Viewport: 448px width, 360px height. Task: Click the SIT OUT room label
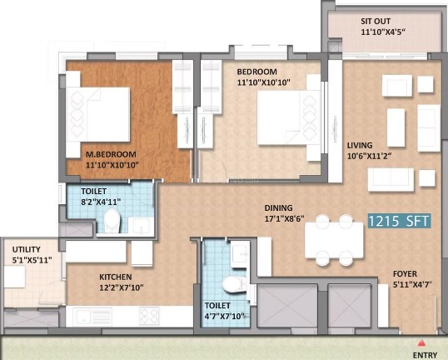[x=376, y=21]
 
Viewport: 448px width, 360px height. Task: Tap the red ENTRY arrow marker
[x=421, y=342]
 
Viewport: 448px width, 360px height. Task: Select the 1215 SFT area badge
[x=399, y=221]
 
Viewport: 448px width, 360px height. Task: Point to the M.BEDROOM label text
[x=111, y=154]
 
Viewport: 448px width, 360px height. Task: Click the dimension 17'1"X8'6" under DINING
[x=284, y=218]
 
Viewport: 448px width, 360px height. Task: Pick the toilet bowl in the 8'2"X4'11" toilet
[x=112, y=221]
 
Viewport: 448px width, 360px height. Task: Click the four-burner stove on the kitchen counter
[x=149, y=316]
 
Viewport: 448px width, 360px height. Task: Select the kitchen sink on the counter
[x=92, y=316]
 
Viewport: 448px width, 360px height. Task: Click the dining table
[x=334, y=240]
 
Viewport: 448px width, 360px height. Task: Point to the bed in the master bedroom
[x=97, y=114]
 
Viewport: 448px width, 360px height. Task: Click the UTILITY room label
[x=27, y=249]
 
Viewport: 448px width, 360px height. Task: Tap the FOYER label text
[x=405, y=273]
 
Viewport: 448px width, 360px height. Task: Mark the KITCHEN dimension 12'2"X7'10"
[x=122, y=287]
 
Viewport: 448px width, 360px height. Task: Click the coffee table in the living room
[x=396, y=127]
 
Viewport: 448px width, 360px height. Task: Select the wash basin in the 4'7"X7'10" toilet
[x=240, y=254]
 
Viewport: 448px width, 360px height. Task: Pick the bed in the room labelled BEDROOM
[x=289, y=117]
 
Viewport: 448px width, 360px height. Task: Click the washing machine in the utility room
[x=14, y=277]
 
